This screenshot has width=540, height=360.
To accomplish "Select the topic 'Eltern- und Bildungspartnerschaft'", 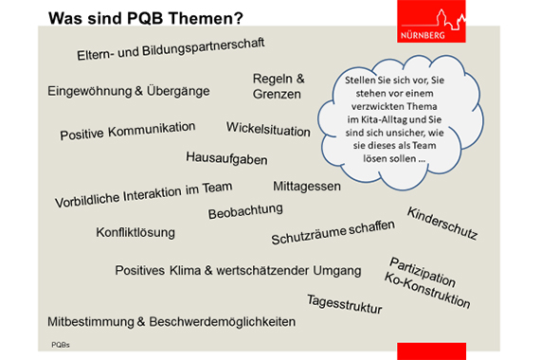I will pos(171,49).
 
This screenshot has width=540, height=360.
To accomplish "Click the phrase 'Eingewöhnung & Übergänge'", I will pos(129,91).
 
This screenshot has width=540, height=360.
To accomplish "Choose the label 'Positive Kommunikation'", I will pos(128,131).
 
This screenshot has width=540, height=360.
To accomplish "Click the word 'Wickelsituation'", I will pos(269,128).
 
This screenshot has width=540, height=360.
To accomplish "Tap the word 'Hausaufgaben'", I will pos(226,158).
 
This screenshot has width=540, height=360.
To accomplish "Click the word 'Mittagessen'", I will pos(307,186).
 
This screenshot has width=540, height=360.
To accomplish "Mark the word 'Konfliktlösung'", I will pos(135,232).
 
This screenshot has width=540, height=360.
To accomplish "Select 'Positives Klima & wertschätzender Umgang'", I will pos(238,271).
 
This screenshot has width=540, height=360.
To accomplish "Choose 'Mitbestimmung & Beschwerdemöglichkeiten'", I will pos(171,321).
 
